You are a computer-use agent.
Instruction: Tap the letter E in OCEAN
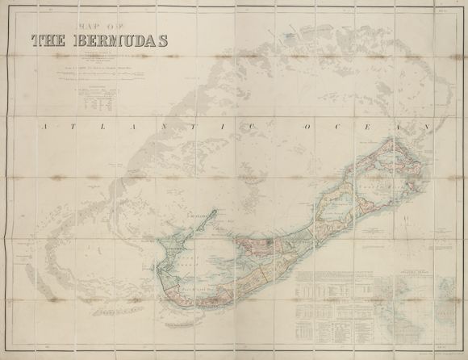pyautogui.click(x=368, y=128)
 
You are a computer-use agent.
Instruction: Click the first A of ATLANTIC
pyautogui.click(x=47, y=128)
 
